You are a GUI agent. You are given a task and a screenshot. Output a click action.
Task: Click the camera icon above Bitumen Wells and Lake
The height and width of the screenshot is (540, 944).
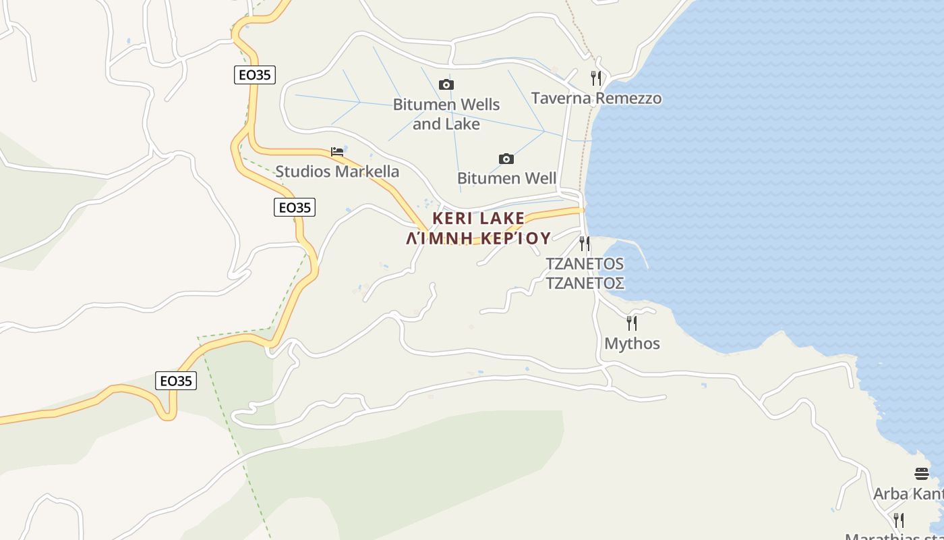pyautogui.click(x=446, y=84)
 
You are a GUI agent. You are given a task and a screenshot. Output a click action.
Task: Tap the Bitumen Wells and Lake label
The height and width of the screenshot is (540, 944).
pyautogui.click(x=446, y=114)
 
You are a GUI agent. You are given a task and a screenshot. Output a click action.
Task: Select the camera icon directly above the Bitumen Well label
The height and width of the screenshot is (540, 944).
pyautogui.click(x=506, y=159)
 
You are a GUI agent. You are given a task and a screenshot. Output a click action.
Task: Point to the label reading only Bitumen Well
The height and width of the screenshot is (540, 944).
pyautogui.click(x=506, y=178)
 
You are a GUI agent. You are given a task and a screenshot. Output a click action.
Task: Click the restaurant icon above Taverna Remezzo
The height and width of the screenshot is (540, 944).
pyautogui.click(x=595, y=78)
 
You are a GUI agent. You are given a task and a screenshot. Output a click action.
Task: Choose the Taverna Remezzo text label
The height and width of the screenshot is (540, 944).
pyautogui.click(x=596, y=99)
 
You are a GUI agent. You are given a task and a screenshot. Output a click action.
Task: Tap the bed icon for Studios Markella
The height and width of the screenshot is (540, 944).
pyautogui.click(x=337, y=151)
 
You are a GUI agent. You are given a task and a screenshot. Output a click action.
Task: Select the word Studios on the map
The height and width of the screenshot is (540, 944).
pyautogui.click(x=303, y=171)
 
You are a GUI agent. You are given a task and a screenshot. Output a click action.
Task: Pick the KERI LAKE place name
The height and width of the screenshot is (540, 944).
pyautogui.click(x=478, y=218)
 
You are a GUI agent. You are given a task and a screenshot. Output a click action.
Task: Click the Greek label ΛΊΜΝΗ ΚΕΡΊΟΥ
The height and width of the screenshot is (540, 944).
pyautogui.click(x=479, y=238)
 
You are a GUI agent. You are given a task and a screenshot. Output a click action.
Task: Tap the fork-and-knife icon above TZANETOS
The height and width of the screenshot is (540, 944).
pyautogui.click(x=585, y=243)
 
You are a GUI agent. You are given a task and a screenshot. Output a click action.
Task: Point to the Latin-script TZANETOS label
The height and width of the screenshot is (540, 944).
pyautogui.click(x=585, y=263)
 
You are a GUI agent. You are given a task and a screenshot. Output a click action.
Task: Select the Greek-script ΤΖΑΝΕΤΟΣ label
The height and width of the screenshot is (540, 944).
pyautogui.click(x=585, y=283)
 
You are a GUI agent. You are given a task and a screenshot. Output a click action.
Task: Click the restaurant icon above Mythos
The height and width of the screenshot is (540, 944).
pyautogui.click(x=632, y=323)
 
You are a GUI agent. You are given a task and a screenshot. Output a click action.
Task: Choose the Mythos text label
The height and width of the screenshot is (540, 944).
pyautogui.click(x=632, y=344)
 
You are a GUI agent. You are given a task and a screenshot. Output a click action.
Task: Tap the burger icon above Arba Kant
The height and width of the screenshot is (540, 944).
pyautogui.click(x=922, y=473)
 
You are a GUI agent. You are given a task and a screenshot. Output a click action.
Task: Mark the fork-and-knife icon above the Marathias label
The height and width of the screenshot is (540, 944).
pyautogui.click(x=899, y=520)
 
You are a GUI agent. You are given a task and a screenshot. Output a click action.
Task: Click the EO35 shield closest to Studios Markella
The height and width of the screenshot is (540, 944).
pyautogui.click(x=295, y=207)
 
